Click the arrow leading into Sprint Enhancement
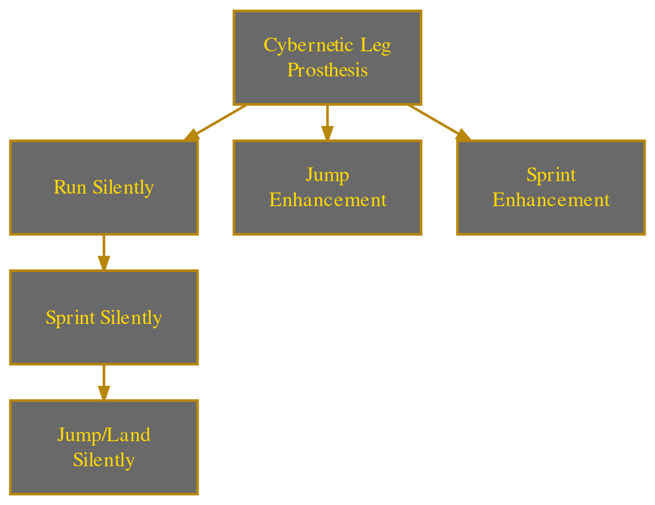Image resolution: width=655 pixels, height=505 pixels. [x=437, y=121]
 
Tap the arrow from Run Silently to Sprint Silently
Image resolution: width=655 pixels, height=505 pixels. [x=103, y=252]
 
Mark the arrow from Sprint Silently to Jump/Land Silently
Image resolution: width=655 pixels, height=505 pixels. [x=103, y=382]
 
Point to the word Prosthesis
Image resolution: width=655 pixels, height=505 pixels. [x=327, y=70]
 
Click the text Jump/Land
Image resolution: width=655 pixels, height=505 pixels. [x=103, y=435]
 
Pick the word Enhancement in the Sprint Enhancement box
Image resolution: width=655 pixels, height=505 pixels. [x=551, y=200]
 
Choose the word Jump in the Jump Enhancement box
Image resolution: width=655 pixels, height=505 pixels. [x=327, y=175]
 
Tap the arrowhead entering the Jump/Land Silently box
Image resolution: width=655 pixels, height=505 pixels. [x=103, y=393]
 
